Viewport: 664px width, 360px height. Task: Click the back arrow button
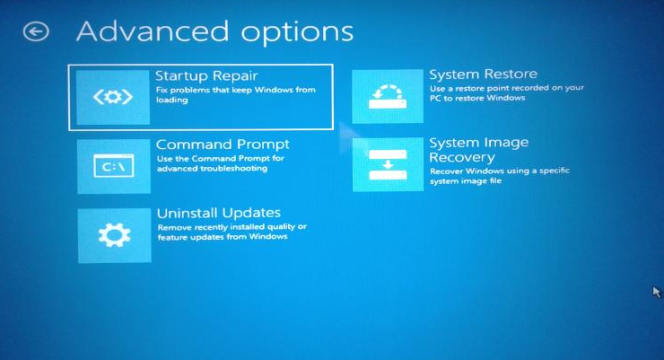tap(36, 31)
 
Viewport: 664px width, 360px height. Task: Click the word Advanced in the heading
tap(153, 31)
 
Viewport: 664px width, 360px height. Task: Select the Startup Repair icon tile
tap(113, 98)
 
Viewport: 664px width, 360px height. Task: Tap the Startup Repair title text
tap(206, 75)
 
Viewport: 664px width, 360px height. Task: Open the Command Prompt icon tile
tap(113, 166)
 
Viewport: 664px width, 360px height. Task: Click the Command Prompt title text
tap(223, 145)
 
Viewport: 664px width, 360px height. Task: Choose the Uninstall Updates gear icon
tap(114, 235)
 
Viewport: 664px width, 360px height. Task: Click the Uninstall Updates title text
tap(219, 213)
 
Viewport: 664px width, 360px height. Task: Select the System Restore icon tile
tap(388, 96)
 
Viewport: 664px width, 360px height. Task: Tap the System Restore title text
tap(483, 75)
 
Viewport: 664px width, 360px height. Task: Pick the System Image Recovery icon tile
tap(388, 164)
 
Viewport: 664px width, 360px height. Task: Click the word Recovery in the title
tap(462, 157)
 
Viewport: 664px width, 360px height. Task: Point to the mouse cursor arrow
tap(657, 293)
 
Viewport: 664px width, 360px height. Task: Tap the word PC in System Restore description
tap(435, 98)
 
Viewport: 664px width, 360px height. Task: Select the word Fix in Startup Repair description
tap(162, 90)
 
